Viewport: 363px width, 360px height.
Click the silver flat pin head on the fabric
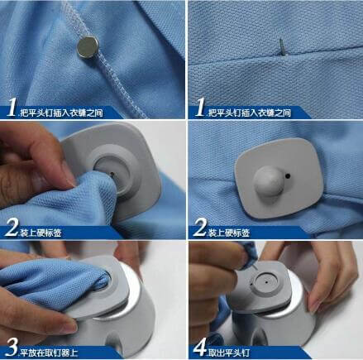pyautogui.click(x=88, y=47)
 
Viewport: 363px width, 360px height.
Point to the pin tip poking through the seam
pyautogui.click(x=283, y=47)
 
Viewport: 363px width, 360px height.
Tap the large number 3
pyautogui.click(x=12, y=348)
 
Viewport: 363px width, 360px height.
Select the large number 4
pyautogui.click(x=199, y=348)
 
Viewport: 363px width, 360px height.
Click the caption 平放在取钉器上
pyautogui.click(x=49, y=353)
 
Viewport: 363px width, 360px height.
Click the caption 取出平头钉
pyautogui.click(x=229, y=353)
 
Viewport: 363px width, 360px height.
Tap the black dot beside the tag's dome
pyautogui.click(x=288, y=175)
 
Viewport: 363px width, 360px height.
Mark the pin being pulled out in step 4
pyautogui.click(x=256, y=266)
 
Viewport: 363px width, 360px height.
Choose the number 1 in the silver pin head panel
pyautogui.click(x=12, y=108)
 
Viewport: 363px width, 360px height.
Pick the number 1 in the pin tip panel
pyautogui.click(x=199, y=108)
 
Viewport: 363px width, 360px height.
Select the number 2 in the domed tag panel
pyautogui.click(x=199, y=228)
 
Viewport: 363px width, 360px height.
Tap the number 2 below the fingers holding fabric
pyautogui.click(x=12, y=228)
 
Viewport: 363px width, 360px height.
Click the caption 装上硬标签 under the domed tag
pyautogui.click(x=229, y=233)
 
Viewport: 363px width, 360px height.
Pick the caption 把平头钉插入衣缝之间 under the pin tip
pyautogui.click(x=250, y=113)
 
